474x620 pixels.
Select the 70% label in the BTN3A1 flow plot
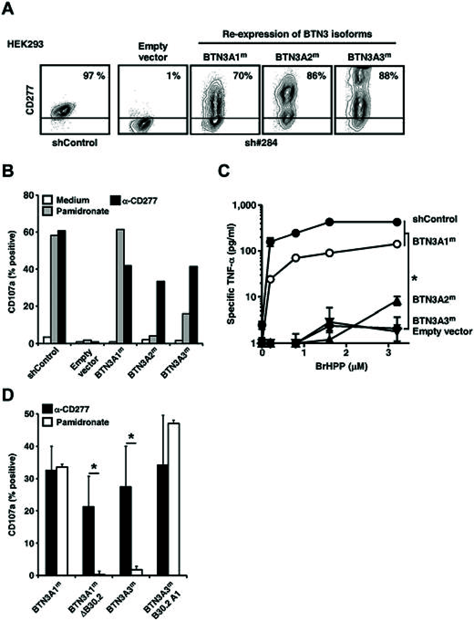pyautogui.click(x=243, y=76)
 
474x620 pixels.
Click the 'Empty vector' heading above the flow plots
pyautogui.click(x=153, y=51)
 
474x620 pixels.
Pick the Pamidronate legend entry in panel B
pyautogui.click(x=82, y=211)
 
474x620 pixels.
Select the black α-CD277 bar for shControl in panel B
pyautogui.click(x=62, y=287)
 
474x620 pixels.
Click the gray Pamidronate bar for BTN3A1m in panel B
pyautogui.click(x=120, y=286)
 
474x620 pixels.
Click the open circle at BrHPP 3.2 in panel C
pyautogui.click(x=397, y=244)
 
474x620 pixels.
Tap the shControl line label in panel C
pyautogui.click(x=434, y=219)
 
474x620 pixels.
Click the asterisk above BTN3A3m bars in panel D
pyautogui.click(x=131, y=437)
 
